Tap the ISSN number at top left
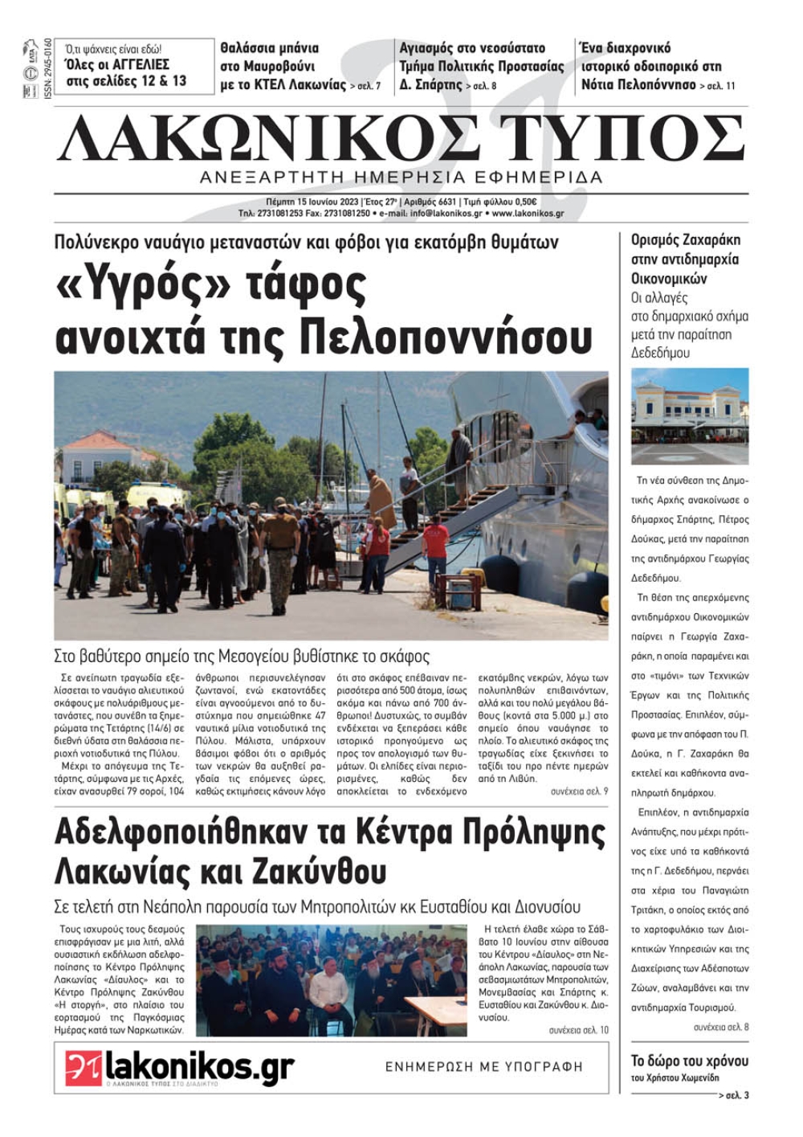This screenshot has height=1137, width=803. [x=48, y=68]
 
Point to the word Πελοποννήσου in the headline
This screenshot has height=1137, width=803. [x=446, y=337]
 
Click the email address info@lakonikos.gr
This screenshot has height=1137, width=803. [x=446, y=214]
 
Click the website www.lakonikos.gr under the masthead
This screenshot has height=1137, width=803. [x=528, y=214]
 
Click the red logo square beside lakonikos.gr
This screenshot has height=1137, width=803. [x=84, y=1067]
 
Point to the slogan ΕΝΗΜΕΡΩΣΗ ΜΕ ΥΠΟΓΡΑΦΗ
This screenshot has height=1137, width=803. [x=483, y=1066]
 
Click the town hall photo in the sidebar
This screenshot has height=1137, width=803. [x=689, y=415]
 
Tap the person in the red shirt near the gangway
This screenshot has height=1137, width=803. [x=435, y=545]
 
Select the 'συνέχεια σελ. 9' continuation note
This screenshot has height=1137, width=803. [x=579, y=791]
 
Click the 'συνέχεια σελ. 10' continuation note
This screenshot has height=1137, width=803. [x=578, y=1029]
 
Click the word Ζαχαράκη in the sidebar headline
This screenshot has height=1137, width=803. [x=708, y=239]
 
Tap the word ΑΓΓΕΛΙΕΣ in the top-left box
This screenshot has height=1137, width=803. [x=138, y=64]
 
